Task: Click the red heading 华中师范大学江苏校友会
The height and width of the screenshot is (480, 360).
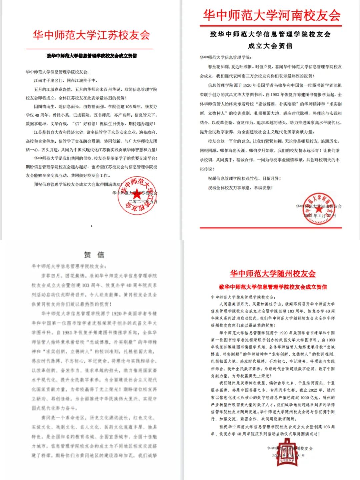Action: click(x=91, y=35)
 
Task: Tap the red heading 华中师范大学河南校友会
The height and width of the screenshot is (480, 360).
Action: click(x=271, y=15)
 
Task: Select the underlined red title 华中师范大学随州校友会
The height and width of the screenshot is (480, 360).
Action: click(x=273, y=274)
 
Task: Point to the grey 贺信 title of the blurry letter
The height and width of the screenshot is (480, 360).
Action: click(x=94, y=255)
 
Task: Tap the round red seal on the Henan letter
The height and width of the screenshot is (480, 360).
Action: click(x=318, y=208)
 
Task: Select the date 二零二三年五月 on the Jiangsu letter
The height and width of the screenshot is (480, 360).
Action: click(x=143, y=202)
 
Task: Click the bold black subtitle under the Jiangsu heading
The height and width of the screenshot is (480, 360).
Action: click(x=91, y=56)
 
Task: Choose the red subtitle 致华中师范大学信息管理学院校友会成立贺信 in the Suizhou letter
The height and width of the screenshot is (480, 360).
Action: click(x=273, y=287)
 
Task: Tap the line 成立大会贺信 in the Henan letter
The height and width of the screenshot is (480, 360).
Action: click(x=270, y=46)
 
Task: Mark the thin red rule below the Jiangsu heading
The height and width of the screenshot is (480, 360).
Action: click(x=89, y=49)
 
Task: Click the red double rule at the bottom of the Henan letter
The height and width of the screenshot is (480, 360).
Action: click(x=271, y=228)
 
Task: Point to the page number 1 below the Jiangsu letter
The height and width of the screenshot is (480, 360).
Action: click(x=91, y=226)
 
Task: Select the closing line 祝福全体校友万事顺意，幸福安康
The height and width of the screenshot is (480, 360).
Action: click(x=240, y=188)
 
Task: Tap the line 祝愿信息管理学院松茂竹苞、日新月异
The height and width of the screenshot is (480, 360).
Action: click(x=244, y=178)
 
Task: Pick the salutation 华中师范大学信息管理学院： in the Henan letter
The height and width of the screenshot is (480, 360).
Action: click(x=225, y=57)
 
